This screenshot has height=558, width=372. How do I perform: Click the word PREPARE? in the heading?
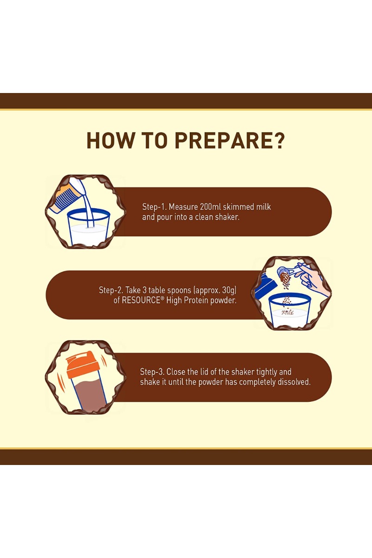coord(230,141)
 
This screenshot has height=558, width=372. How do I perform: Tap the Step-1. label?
coord(154,207)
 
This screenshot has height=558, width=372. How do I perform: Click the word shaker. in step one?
coord(227,217)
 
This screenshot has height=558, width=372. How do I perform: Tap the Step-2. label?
coord(111,290)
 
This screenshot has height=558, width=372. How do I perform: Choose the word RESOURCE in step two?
coord(137,300)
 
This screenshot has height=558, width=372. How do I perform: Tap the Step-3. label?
coord(152,372)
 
